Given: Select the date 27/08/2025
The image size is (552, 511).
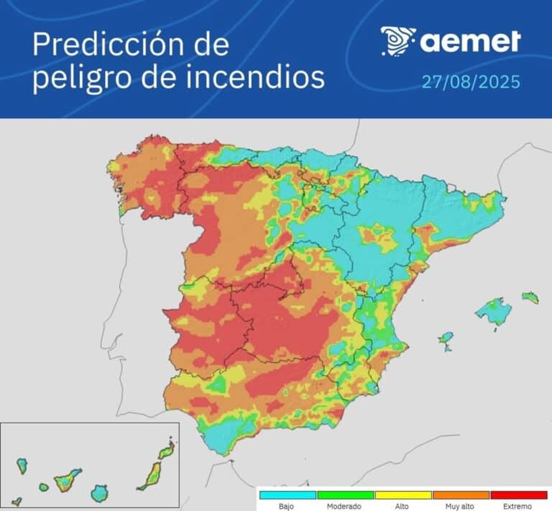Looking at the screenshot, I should pyautogui.click(x=471, y=81).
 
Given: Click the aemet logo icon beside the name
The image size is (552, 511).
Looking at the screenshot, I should pyautogui.click(x=397, y=41).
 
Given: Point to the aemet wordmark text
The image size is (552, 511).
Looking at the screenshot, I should pyautogui.click(x=470, y=42).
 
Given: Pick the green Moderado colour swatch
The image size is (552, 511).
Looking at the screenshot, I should pyautogui.click(x=345, y=495).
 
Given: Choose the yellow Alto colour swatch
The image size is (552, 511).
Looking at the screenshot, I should pyautogui.click(x=402, y=495).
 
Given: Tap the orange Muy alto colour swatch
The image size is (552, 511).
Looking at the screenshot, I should pyautogui.click(x=460, y=495).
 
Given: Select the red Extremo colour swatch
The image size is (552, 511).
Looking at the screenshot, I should pyautogui.click(x=518, y=495).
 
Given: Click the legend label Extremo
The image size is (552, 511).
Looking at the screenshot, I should pyautogui.click(x=518, y=506).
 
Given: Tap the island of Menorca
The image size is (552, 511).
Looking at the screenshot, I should pyautogui.click(x=530, y=297).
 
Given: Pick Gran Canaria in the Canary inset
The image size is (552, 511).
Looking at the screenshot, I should pyautogui.click(x=99, y=493).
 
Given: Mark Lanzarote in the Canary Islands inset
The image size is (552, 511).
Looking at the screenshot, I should pyautogui.click(x=166, y=451).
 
